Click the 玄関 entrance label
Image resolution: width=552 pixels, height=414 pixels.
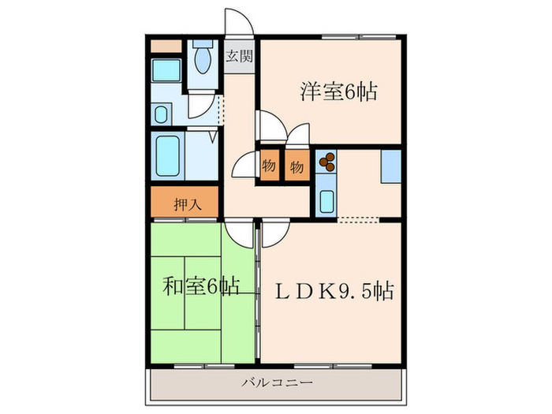240,56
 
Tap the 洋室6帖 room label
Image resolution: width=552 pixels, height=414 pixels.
338,92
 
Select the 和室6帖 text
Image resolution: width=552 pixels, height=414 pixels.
202,285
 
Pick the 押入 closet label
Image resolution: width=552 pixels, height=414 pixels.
187,203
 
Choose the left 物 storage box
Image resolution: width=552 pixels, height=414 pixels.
269,166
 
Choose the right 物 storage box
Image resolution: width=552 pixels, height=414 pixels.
297,166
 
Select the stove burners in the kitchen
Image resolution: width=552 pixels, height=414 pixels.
325,162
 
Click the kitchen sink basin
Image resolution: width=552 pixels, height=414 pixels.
326,200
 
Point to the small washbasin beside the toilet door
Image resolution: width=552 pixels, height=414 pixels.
161,115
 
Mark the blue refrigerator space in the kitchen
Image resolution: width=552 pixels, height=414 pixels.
391,166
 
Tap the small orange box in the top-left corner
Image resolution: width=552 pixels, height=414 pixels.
166,45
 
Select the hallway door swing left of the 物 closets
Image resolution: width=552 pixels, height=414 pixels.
244,166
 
